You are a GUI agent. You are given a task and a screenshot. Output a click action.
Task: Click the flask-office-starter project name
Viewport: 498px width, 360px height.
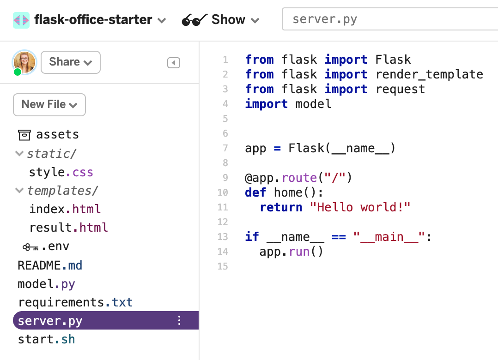point(93,20)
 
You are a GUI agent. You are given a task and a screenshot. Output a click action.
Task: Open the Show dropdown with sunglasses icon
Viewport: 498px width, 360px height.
point(221,20)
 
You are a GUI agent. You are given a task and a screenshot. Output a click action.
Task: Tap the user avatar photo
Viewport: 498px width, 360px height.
point(24,62)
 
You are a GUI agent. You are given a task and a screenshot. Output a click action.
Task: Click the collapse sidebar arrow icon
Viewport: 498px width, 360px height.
point(173,63)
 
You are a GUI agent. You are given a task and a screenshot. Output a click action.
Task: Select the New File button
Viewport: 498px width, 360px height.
point(49,105)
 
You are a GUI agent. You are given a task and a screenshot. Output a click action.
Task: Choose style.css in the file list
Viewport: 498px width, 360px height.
point(61,172)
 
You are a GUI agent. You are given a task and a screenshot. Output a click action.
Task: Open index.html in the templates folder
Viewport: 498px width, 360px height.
point(65,209)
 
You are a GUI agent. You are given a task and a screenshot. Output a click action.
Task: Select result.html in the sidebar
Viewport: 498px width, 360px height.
point(68,228)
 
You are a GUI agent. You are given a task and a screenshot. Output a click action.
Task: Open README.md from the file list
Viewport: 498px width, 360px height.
point(50,265)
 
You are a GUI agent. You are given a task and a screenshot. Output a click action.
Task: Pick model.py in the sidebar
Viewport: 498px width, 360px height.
point(46,284)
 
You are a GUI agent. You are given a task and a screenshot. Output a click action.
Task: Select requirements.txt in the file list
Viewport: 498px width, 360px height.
point(75,302)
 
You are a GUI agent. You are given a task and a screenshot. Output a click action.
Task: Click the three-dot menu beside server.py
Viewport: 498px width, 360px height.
point(180,321)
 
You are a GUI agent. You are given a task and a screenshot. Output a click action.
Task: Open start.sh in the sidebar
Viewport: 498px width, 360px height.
point(46,340)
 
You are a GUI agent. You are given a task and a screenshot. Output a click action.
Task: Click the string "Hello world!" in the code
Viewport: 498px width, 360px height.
point(363,207)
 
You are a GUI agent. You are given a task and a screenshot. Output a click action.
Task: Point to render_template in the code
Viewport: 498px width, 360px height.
point(429,74)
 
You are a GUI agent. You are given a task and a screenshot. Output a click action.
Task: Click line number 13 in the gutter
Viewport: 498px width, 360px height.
point(223,237)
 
